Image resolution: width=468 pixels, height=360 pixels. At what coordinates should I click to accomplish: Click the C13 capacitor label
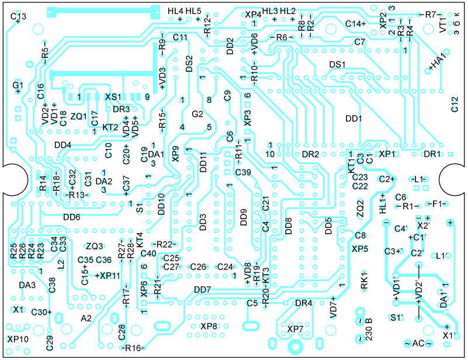point(18,16)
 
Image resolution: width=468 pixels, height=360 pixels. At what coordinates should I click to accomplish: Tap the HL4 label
point(175,11)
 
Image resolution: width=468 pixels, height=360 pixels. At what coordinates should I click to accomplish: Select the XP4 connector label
point(253,15)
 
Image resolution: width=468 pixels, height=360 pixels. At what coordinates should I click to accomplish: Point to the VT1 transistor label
point(443,25)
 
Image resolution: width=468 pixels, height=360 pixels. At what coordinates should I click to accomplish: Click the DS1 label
point(337,64)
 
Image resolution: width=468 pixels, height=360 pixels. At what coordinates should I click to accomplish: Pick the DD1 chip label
point(353,119)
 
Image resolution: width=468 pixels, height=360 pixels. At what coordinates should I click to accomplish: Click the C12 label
point(455,104)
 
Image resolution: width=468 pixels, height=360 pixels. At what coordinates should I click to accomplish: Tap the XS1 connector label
point(113,97)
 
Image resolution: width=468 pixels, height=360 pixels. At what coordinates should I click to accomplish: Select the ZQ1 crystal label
point(78,116)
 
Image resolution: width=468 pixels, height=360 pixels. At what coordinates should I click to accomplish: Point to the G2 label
point(197,114)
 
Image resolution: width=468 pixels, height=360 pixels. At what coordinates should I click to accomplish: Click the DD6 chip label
point(72,217)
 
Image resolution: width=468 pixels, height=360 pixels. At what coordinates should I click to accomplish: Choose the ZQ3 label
point(94,246)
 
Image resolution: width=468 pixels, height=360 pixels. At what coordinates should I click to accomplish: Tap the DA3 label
point(27,285)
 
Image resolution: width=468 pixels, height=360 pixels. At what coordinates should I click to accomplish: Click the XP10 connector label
point(18,339)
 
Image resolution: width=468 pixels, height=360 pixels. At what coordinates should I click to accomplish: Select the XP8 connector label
point(209,326)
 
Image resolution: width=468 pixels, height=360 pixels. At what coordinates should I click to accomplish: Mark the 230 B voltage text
point(369,330)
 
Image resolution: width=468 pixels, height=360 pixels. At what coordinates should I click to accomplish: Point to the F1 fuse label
point(436,204)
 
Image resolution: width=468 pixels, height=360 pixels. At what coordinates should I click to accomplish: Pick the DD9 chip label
point(244,217)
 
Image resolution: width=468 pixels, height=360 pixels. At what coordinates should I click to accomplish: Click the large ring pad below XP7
point(295,347)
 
